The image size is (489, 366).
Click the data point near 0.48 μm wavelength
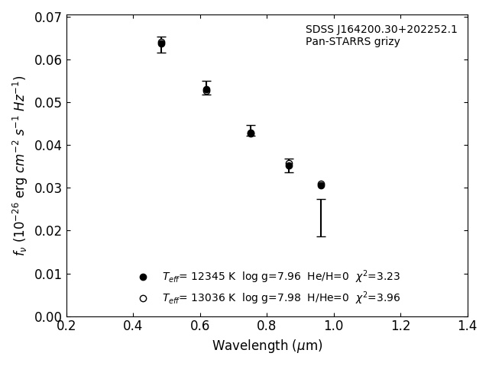click(x=161, y=43)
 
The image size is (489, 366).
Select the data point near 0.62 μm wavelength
click(x=206, y=90)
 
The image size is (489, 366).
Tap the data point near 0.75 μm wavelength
click(x=251, y=133)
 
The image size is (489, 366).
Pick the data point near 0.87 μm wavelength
click(x=289, y=165)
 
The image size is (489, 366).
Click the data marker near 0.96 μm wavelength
click(x=321, y=185)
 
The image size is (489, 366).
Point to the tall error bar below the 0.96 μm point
click(x=321, y=218)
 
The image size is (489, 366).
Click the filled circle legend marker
click(x=143, y=277)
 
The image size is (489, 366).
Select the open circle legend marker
click(x=143, y=298)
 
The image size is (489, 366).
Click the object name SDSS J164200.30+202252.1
click(x=381, y=30)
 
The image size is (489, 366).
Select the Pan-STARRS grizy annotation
click(x=353, y=42)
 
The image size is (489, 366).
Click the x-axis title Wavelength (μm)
click(x=267, y=346)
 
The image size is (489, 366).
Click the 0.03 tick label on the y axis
click(x=48, y=188)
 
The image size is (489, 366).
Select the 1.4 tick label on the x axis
click(x=468, y=326)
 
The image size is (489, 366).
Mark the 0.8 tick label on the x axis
click(x=267, y=326)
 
